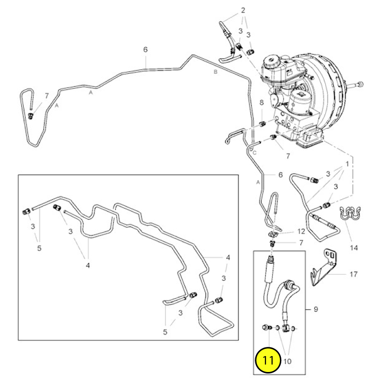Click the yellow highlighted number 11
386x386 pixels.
click(268, 360)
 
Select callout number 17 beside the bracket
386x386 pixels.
click(354, 274)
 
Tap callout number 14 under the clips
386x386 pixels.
click(354, 248)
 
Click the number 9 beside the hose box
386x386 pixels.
click(316, 309)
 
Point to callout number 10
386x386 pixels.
click(287, 361)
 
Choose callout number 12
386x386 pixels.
click(301, 232)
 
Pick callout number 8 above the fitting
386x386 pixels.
click(262, 102)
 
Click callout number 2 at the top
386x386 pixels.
click(243, 10)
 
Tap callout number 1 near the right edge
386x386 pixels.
click(347, 164)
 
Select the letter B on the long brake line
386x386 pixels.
click(216, 72)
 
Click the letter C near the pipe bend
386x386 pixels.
click(255, 153)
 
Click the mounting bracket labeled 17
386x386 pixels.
click(324, 267)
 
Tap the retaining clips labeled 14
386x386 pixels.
click(350, 213)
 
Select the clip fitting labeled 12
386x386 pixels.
click(273, 234)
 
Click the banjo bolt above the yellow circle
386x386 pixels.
click(266, 328)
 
